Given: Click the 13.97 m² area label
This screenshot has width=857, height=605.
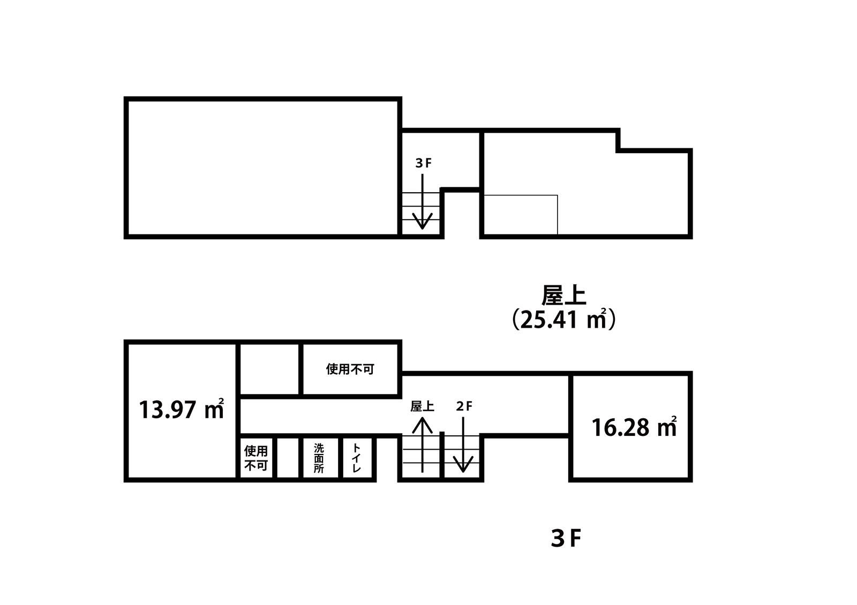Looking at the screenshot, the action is point(182,409).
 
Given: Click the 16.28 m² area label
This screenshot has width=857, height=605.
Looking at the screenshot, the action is point(634,427).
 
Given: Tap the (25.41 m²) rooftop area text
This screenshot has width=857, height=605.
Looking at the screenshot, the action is point(564,319).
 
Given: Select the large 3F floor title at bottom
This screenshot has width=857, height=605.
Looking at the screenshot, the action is point(566,539).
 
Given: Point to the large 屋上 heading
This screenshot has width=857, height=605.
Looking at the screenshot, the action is point(564,295).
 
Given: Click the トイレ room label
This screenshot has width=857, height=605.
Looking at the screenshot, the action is point(357,458).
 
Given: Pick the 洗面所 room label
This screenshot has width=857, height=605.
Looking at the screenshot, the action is point(319,458).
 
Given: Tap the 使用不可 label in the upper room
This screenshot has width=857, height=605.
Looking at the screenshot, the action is point(350,369).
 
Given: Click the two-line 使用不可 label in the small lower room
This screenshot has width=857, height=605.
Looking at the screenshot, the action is point(256,458).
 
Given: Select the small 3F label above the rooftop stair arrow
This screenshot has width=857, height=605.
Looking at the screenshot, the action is point(423,163).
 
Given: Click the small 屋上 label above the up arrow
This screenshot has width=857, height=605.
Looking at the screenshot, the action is point(423,406).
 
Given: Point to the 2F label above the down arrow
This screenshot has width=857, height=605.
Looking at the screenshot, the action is point(464,406).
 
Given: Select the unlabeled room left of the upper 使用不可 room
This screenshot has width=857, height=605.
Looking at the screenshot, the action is point(269,369).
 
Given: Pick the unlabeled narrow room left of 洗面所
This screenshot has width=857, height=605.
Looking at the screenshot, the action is point(287,458).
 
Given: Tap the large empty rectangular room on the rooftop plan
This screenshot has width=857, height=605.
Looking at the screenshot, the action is point(263,168).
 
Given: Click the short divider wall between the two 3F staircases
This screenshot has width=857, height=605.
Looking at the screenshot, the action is point(441,455).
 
